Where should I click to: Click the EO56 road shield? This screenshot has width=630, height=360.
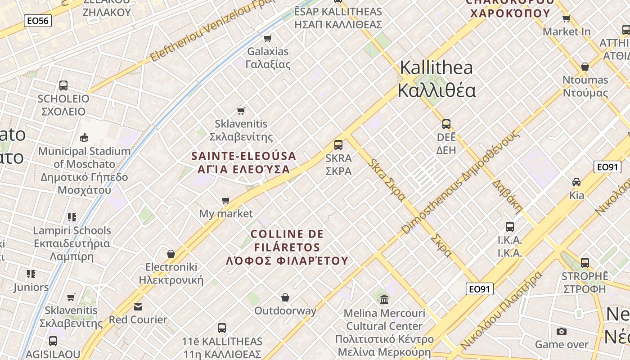[x=38, y=20]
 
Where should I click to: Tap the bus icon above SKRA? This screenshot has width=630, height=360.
[x=338, y=145]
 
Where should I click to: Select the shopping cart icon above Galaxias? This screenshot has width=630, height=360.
[x=268, y=38]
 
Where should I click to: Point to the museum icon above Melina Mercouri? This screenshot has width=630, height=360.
[x=384, y=299]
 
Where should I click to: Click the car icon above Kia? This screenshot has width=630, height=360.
[x=576, y=182]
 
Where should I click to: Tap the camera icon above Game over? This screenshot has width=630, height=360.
[x=562, y=331]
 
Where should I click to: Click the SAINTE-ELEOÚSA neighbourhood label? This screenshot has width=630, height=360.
[x=243, y=156]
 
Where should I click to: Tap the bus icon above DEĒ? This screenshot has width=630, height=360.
[x=446, y=124]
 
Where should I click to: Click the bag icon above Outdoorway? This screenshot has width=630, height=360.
[x=285, y=297]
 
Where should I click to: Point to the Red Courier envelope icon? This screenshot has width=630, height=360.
[x=138, y=306]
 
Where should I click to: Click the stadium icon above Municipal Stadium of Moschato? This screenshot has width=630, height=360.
[x=84, y=137]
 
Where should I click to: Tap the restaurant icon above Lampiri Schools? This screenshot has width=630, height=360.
[x=72, y=217]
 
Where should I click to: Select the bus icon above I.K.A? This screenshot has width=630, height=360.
[x=510, y=227]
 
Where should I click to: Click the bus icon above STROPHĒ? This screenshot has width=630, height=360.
[x=585, y=262]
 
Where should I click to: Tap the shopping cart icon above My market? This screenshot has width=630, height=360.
[x=226, y=200]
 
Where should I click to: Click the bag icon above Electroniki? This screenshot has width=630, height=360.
[x=171, y=254]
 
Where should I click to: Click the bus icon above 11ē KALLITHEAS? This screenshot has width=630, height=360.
[x=222, y=328]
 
